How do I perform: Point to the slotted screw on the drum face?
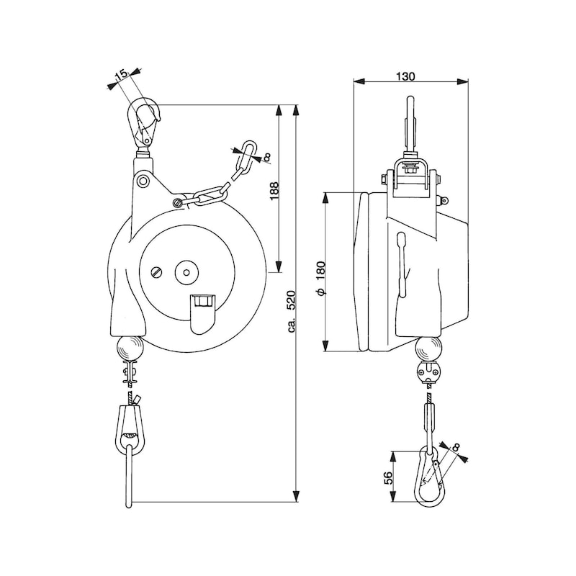pyautogui.click(x=158, y=272)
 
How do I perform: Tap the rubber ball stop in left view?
pyautogui.click(x=130, y=348)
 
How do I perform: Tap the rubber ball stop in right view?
pyautogui.click(x=428, y=349)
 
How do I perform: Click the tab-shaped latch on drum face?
pyautogui.click(x=202, y=312)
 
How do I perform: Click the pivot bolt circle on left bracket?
pyautogui.click(x=144, y=181)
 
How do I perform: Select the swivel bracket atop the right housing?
pyautogui.click(x=411, y=180)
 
